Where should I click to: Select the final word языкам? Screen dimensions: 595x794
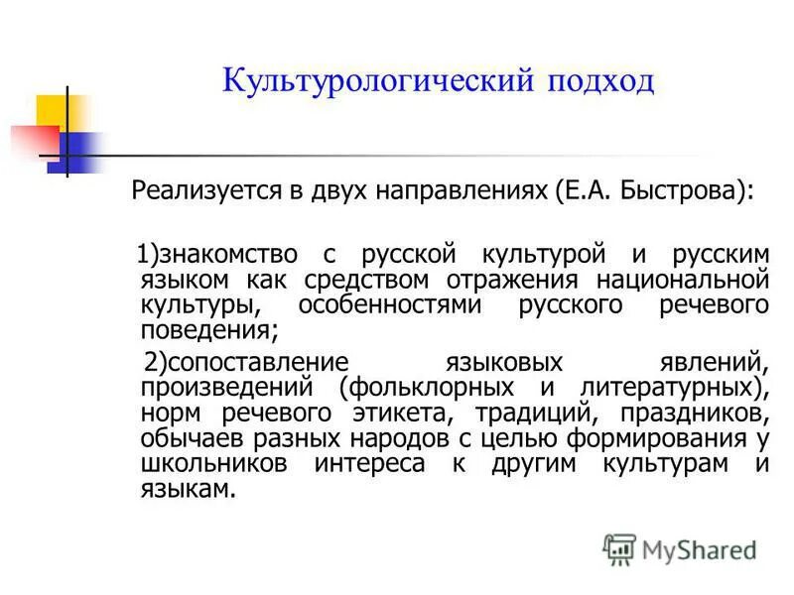pos(189,487)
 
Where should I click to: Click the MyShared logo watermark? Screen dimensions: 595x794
pos(680,547)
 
